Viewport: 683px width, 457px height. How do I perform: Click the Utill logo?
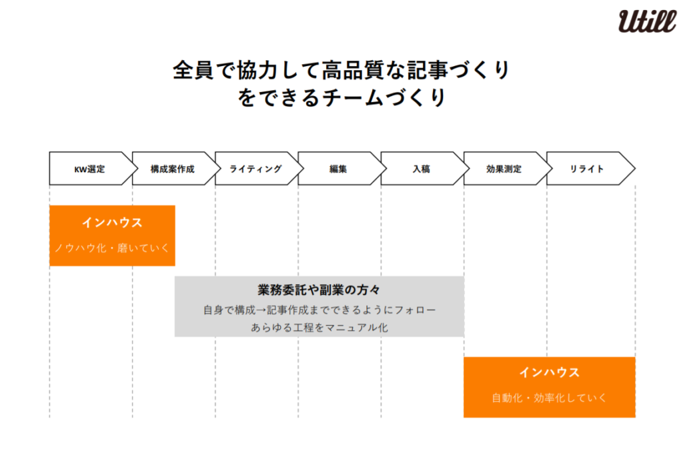[647, 21]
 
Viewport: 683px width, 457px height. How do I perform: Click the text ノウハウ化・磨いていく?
[112, 248]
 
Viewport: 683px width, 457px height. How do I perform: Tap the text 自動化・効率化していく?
[549, 398]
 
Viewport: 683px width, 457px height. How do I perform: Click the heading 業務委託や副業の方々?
[319, 290]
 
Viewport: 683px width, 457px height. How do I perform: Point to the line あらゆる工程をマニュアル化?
[319, 327]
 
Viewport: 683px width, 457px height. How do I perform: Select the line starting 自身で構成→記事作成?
[319, 310]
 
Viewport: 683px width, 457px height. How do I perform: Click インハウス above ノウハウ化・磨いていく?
[112, 223]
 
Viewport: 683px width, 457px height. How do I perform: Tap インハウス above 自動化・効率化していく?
[550, 372]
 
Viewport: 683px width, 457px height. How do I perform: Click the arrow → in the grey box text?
[261, 310]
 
